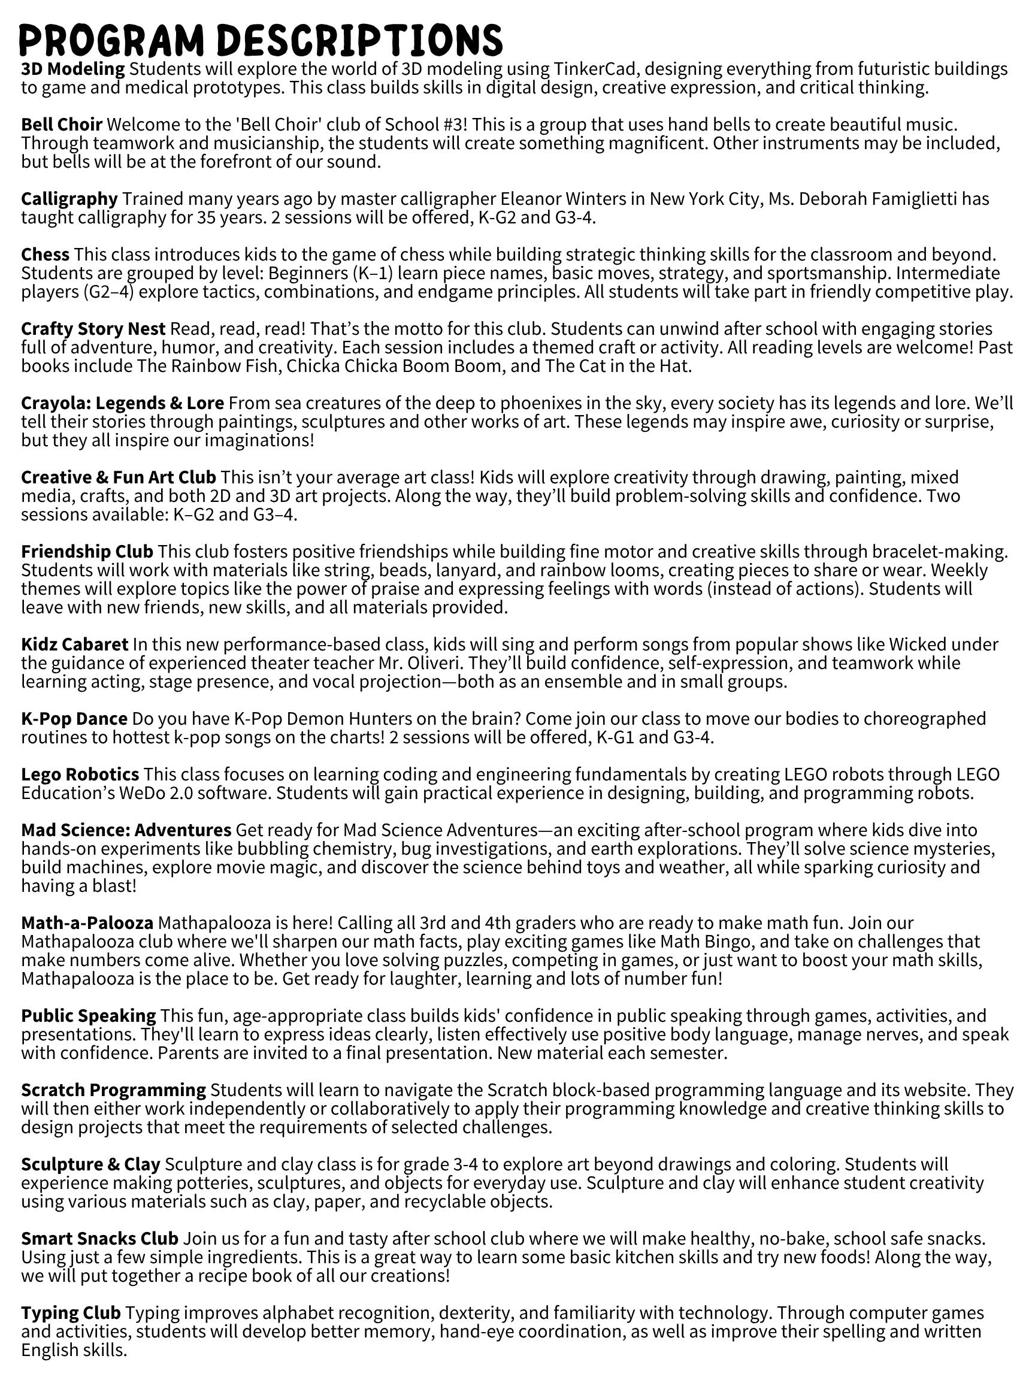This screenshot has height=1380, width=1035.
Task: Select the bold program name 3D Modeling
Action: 73,69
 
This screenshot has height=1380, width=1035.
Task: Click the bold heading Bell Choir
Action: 62,125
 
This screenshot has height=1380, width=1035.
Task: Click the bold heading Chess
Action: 45,255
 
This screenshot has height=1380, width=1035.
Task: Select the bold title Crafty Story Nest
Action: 93,329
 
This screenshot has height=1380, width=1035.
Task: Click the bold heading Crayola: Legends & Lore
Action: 122,403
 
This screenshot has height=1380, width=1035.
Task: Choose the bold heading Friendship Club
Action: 87,552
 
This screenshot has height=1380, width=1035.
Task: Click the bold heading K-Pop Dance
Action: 74,719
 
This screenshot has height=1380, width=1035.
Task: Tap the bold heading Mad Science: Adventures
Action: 126,830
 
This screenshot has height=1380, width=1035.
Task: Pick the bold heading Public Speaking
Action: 89,1016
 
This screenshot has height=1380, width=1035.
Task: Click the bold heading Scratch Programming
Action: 114,1090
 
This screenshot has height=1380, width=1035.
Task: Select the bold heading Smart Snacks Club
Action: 100,1239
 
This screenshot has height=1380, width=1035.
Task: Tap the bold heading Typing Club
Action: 71,1313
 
